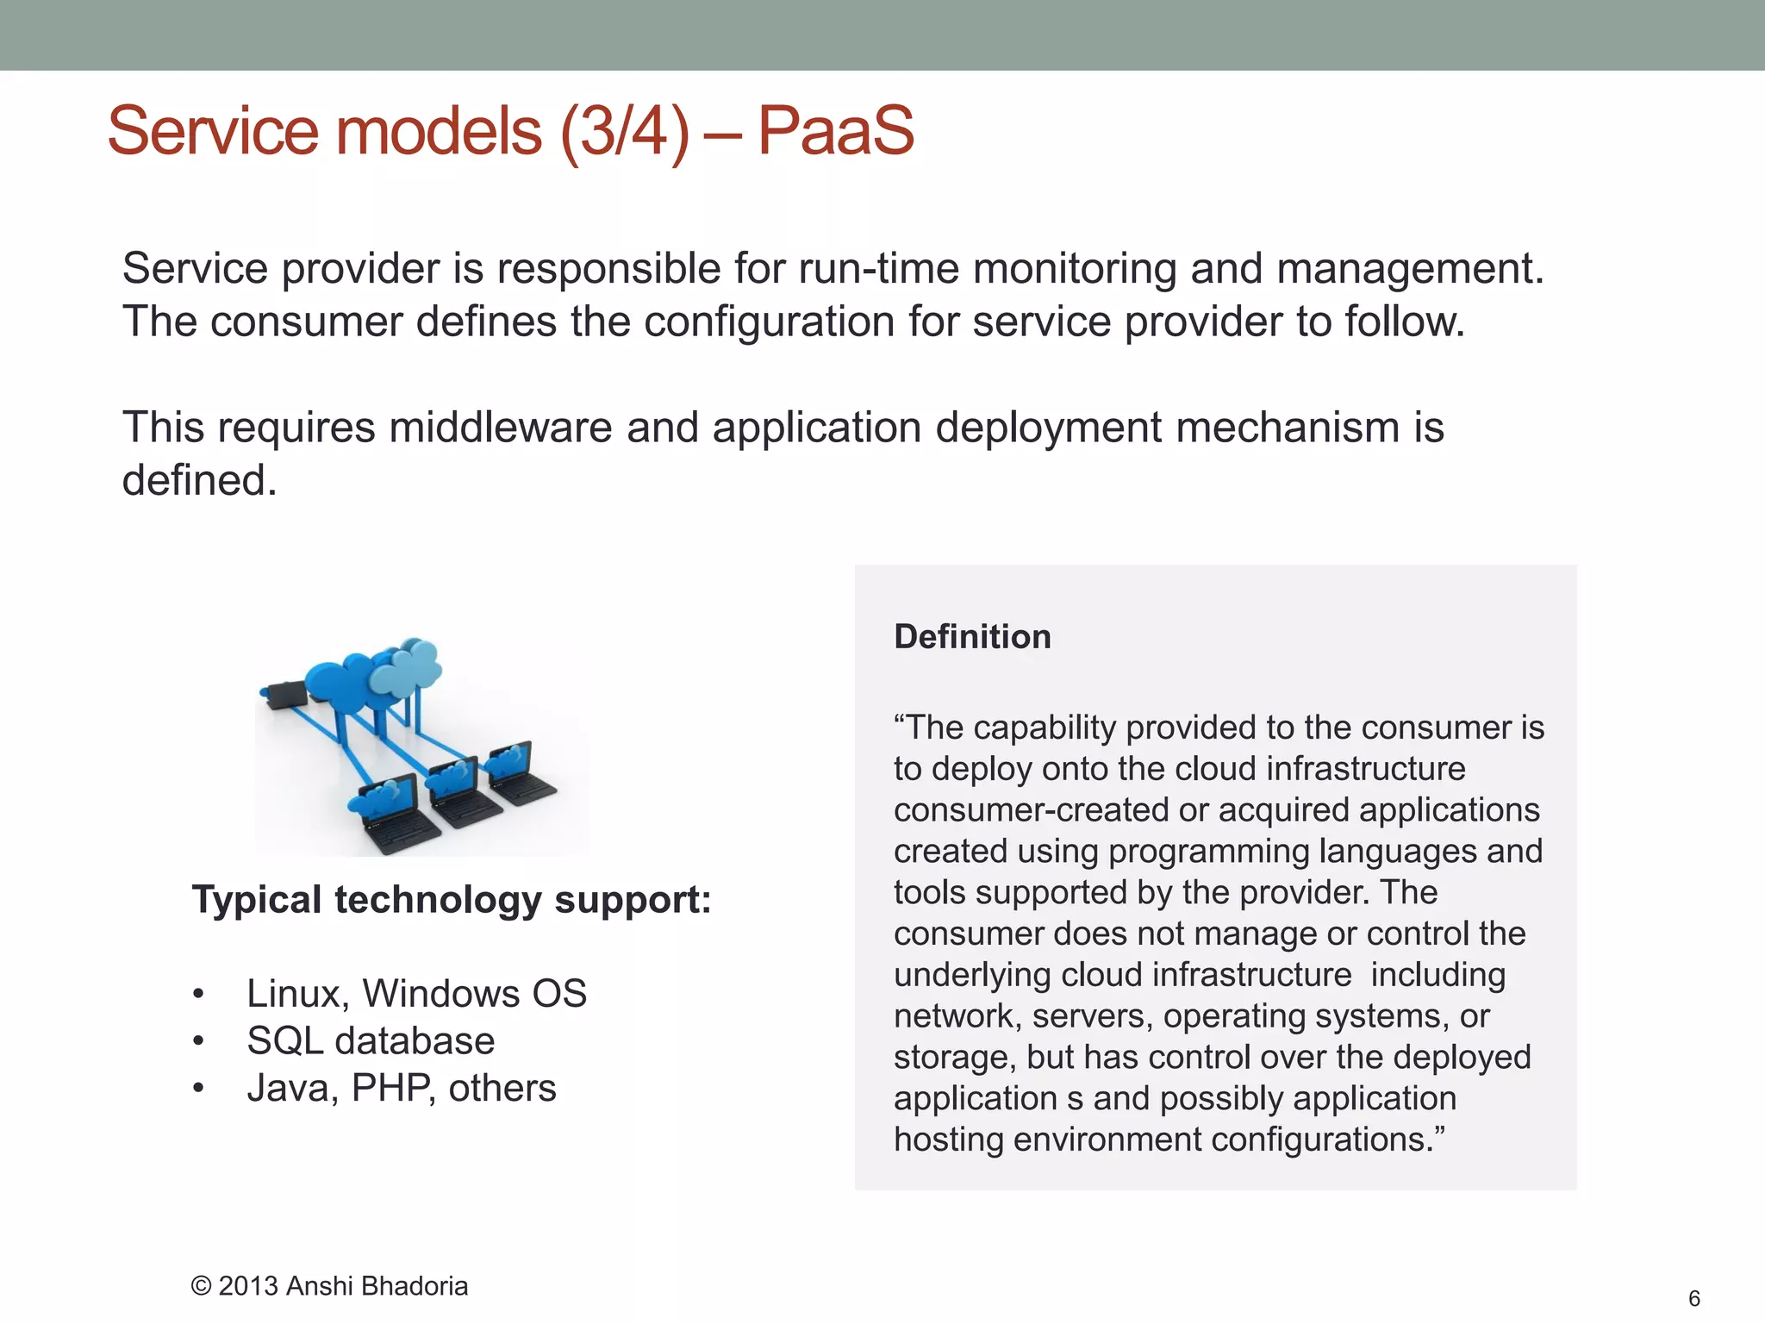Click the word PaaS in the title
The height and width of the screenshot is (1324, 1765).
(834, 131)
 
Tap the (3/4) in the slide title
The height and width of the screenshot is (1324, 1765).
(625, 131)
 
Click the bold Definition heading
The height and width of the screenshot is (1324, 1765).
(972, 637)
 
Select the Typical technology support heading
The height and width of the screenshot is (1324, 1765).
(451, 900)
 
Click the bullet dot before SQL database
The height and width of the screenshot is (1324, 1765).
(198, 1042)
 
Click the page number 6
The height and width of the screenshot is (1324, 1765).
(1693, 1298)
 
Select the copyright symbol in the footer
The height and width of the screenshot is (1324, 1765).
(201, 1286)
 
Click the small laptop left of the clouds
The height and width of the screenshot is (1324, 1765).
(285, 692)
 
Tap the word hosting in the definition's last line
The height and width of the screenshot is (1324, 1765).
(948, 1140)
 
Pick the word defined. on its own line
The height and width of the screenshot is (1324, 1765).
(199, 481)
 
